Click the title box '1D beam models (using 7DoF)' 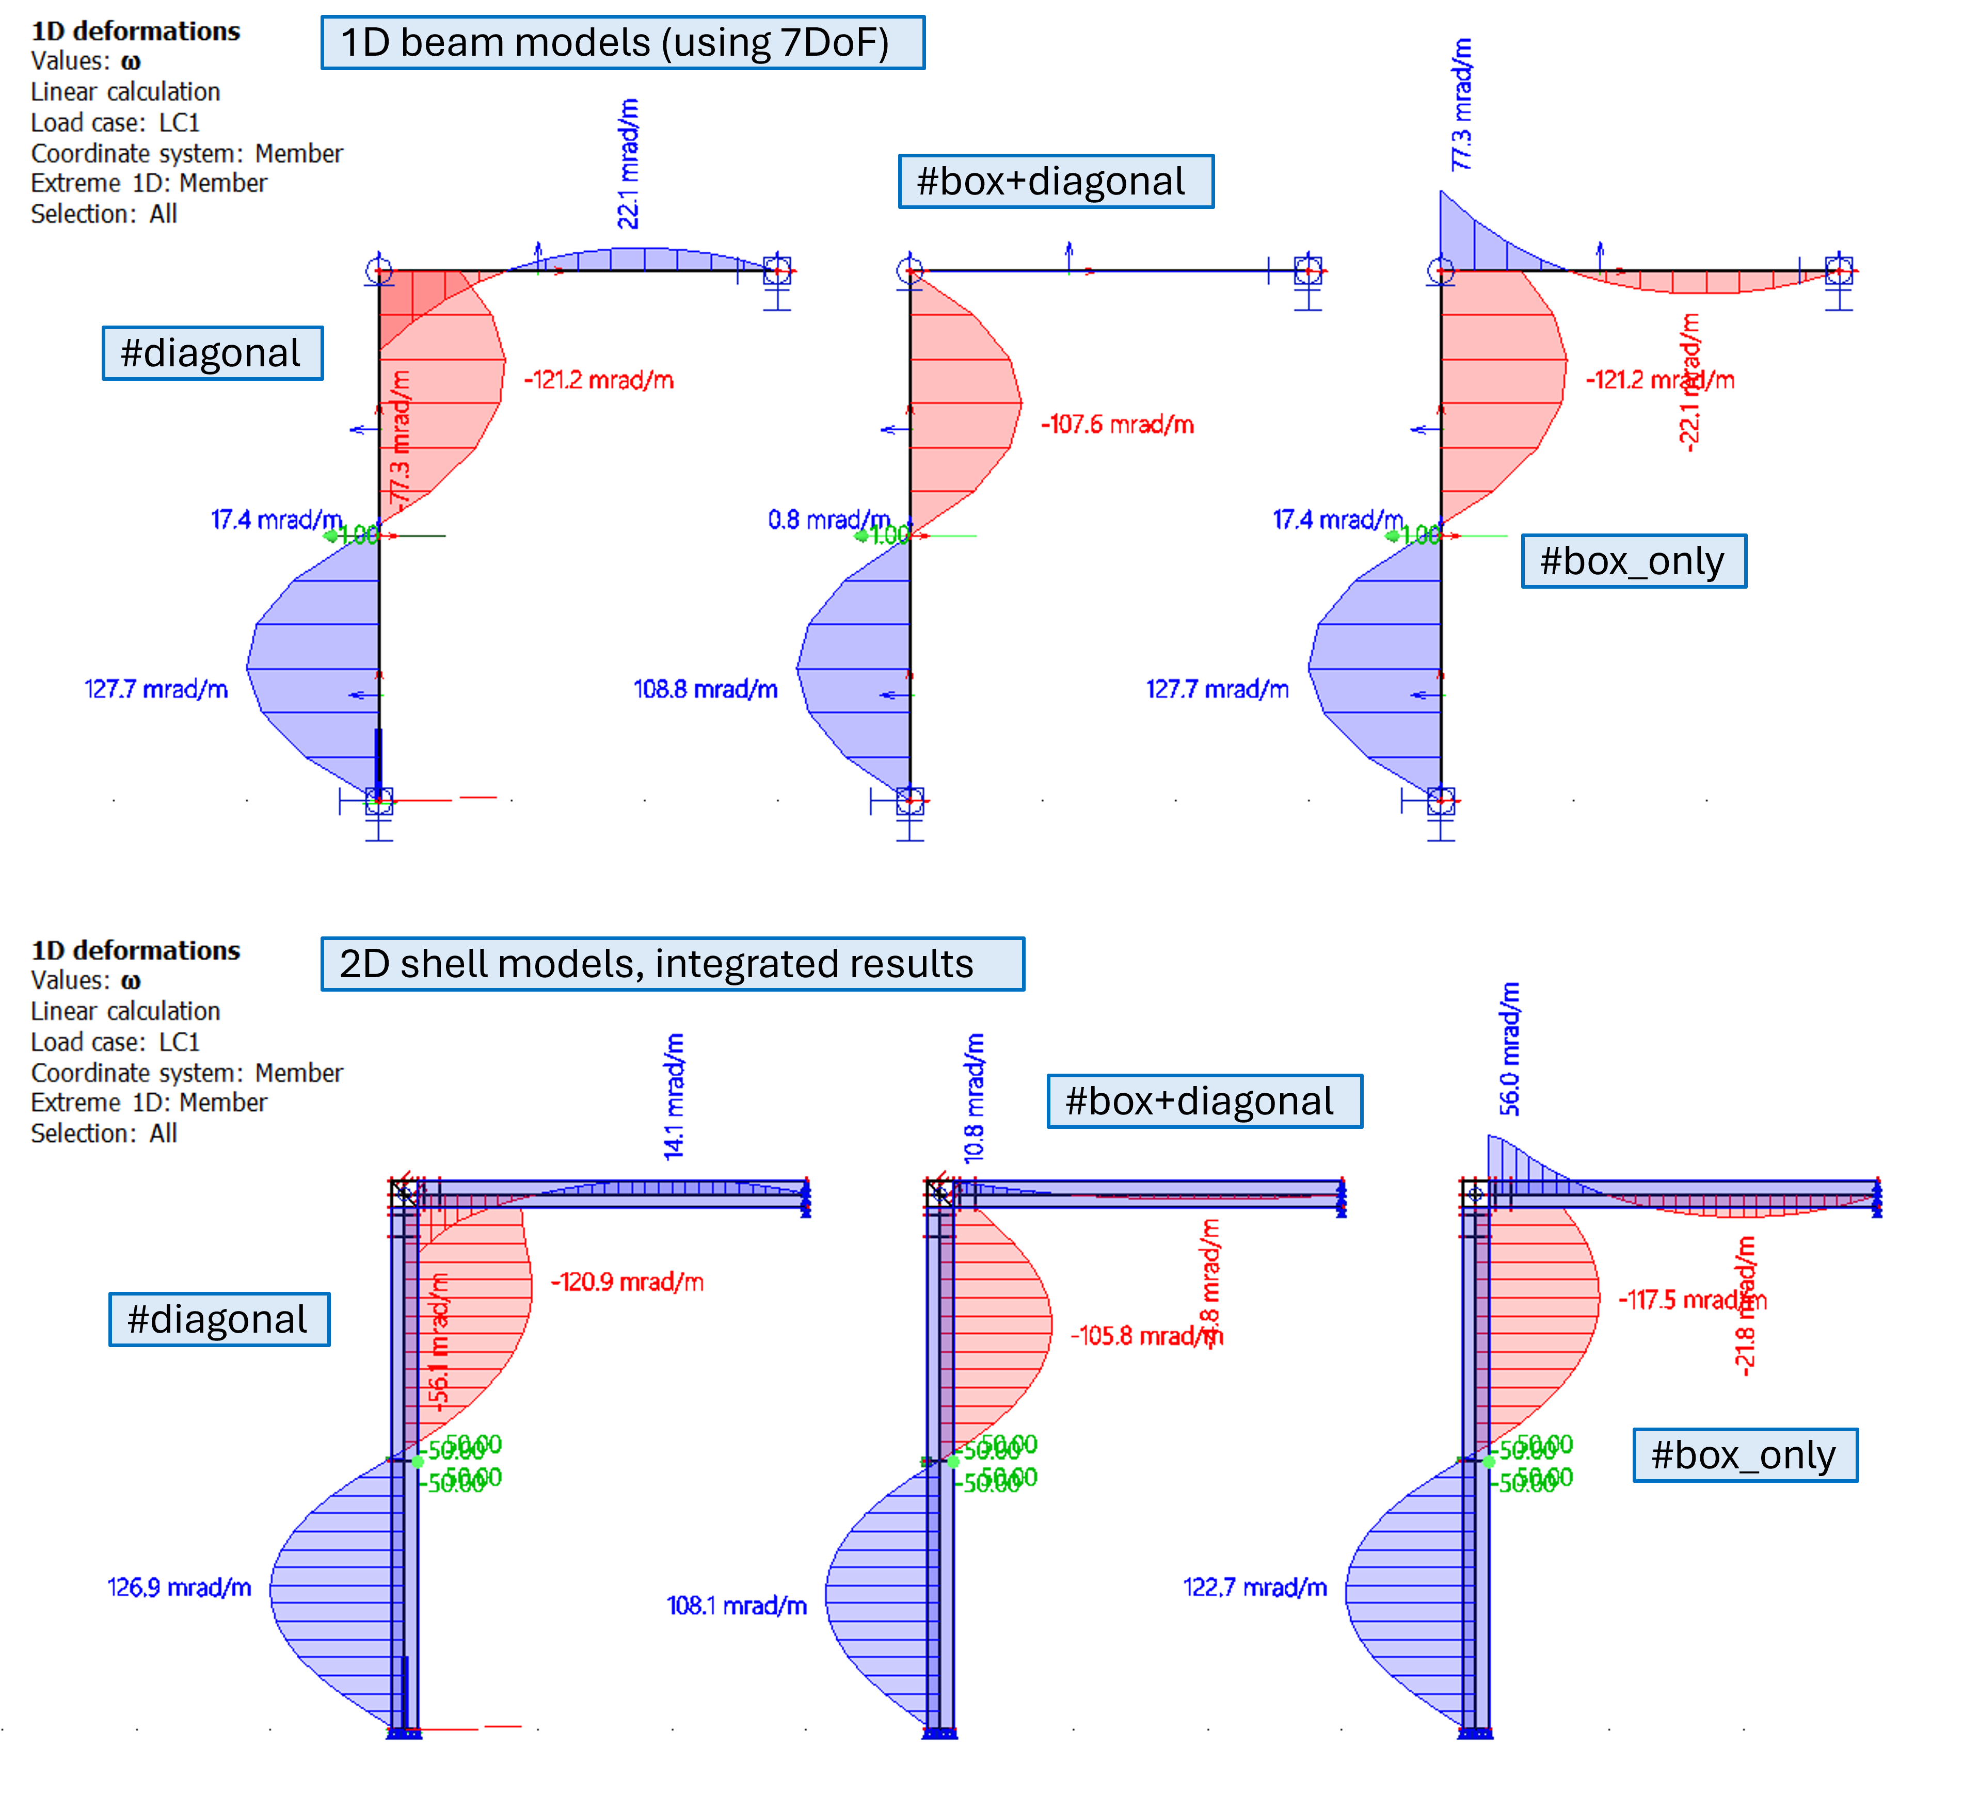(622, 43)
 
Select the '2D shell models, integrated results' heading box (672, 964)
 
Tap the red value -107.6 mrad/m (1117, 425)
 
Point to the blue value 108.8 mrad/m (705, 689)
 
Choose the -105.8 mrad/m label (1139, 1336)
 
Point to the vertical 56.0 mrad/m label (1509, 1049)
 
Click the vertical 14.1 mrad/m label (674, 1097)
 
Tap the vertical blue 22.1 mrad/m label (629, 164)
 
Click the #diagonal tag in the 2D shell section (219, 1319)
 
